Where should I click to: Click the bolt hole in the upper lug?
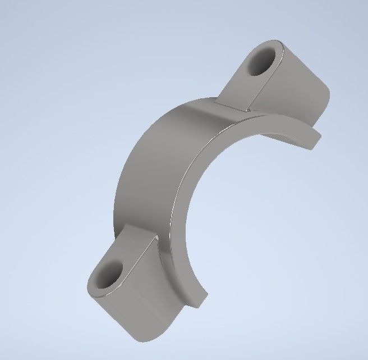point(261,61)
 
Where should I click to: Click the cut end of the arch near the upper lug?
point(311,140)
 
